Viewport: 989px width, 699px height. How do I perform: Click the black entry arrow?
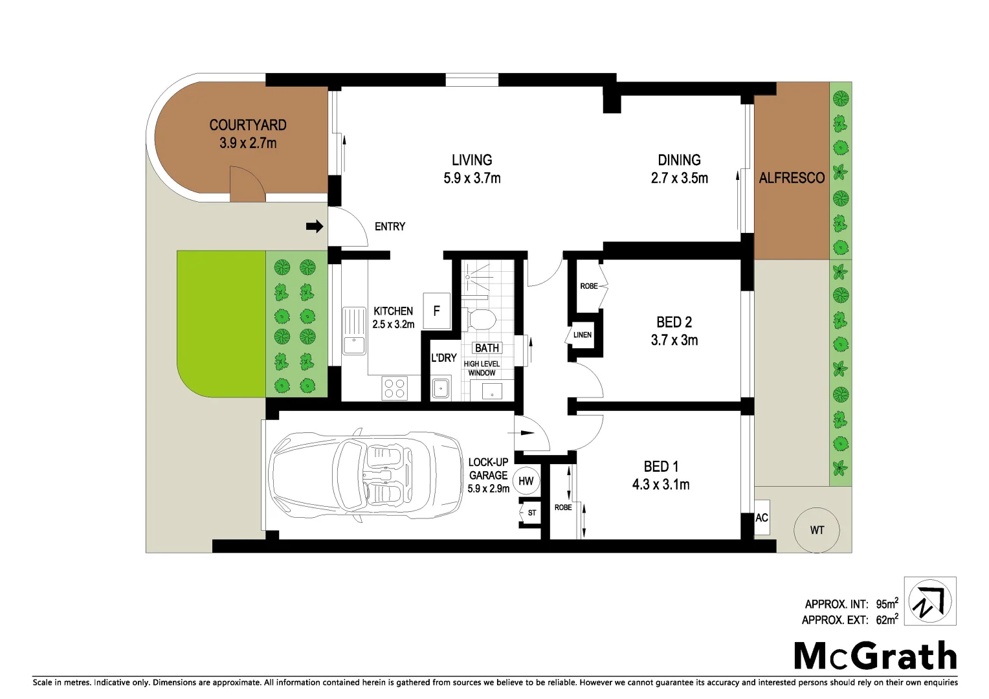coord(315,227)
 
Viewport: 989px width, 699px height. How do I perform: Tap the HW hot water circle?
coord(526,481)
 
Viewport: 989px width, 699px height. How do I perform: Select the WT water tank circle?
coord(817,530)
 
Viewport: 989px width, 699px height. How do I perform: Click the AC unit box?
coord(762,518)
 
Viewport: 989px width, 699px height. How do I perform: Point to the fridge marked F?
coord(436,311)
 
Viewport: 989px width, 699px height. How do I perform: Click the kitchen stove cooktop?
coord(394,388)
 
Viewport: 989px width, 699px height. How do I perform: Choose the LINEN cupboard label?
coord(583,335)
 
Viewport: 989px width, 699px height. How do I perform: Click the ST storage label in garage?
coord(531,513)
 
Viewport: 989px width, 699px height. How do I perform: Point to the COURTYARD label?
coord(248,125)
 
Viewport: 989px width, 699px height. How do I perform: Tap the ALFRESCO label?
coord(792,178)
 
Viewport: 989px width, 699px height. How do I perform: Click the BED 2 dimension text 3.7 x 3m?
coord(674,340)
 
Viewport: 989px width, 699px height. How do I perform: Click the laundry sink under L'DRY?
coord(441,388)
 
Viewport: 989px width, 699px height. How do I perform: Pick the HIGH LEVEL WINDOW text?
coord(482,368)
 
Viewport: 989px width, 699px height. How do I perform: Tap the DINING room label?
coord(679,160)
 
